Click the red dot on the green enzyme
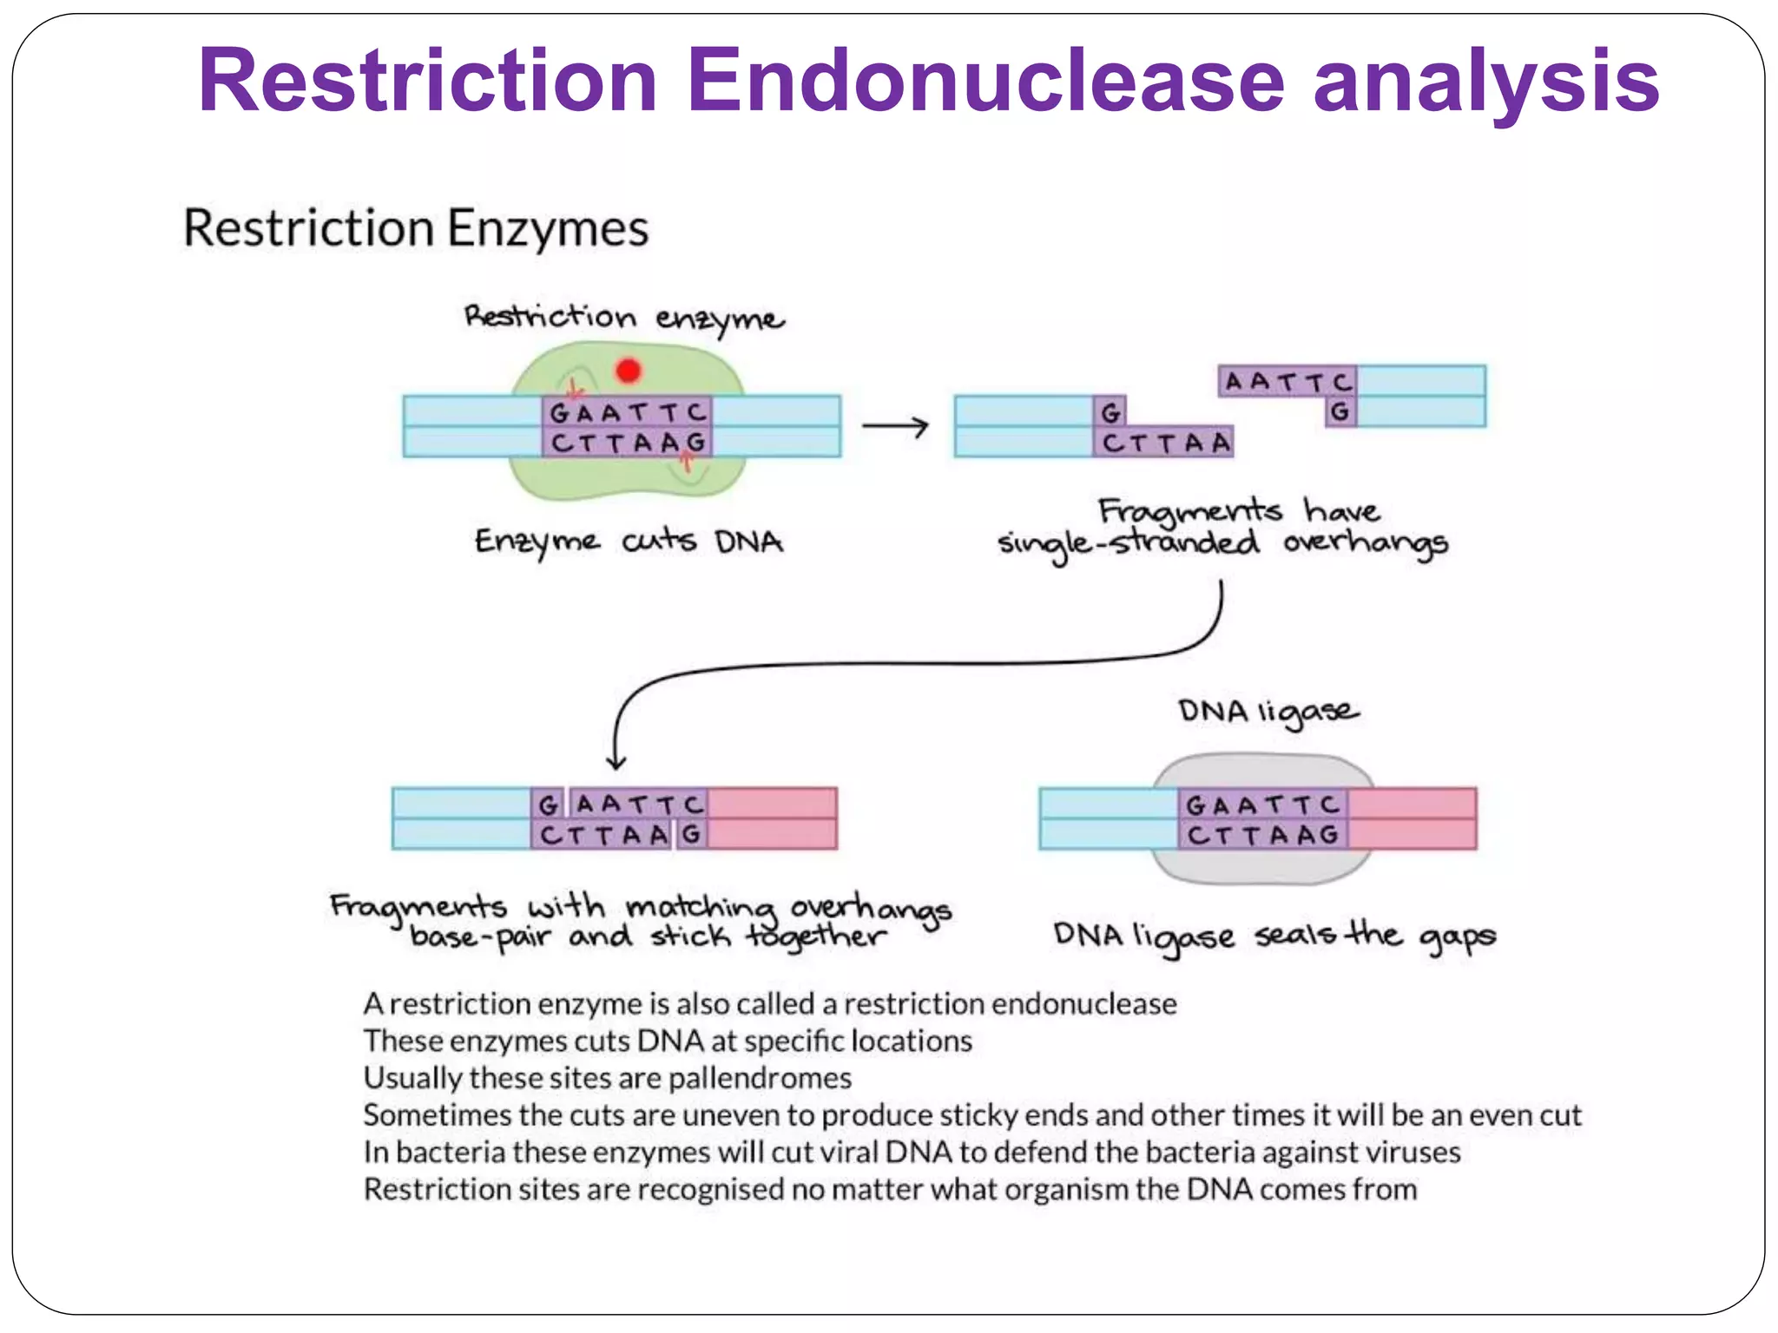click(x=628, y=371)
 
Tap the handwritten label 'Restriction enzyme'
click(x=623, y=318)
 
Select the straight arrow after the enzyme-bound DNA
click(x=894, y=426)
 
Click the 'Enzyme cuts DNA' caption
click(x=629, y=542)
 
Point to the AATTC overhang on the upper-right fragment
click(x=1287, y=382)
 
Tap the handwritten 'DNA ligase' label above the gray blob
click(x=1268, y=712)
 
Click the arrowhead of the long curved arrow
click(x=616, y=761)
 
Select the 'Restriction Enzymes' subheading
click(x=416, y=228)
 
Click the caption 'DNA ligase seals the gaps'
click(x=1274, y=936)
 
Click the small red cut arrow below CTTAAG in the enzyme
click(x=686, y=463)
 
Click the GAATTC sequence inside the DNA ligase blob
click(x=1261, y=805)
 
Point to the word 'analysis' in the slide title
click(x=1485, y=80)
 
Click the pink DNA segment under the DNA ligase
click(x=1412, y=818)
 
